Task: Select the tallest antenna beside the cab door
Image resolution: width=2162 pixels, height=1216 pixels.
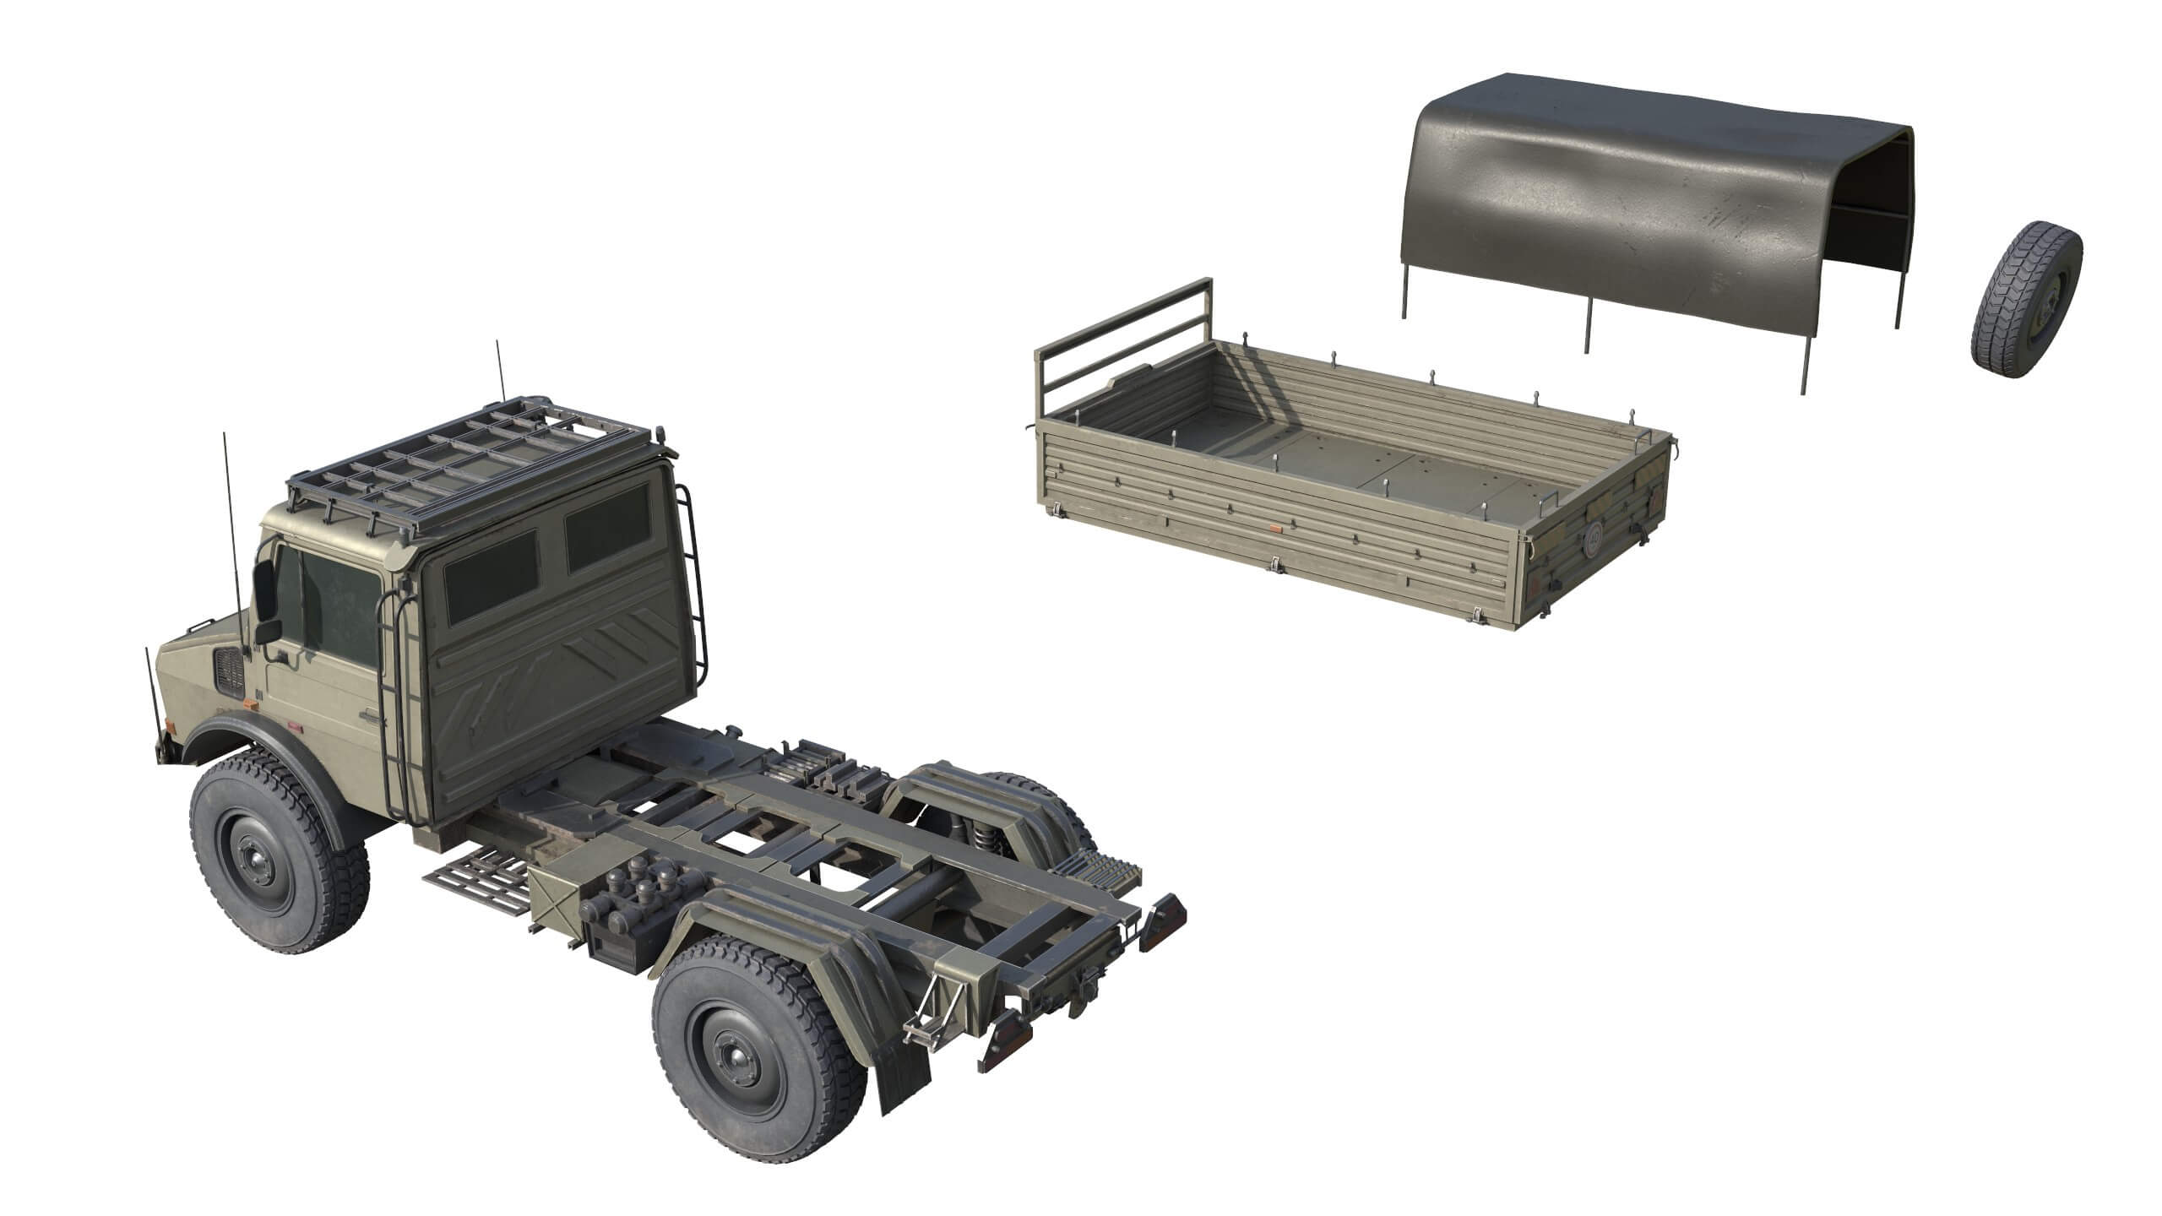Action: point(230,540)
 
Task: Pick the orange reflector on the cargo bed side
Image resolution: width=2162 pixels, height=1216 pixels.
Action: point(1275,527)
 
